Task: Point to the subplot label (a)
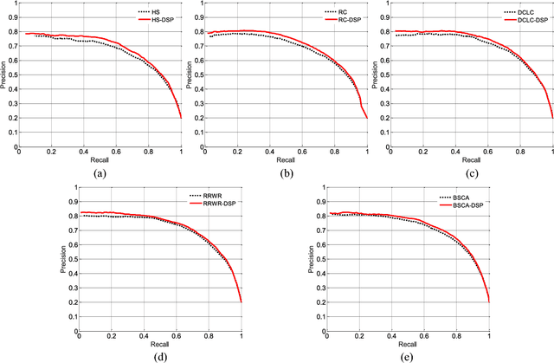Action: tap(100, 173)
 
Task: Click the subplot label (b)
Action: tap(285, 173)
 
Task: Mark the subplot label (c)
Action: tap(470, 173)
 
